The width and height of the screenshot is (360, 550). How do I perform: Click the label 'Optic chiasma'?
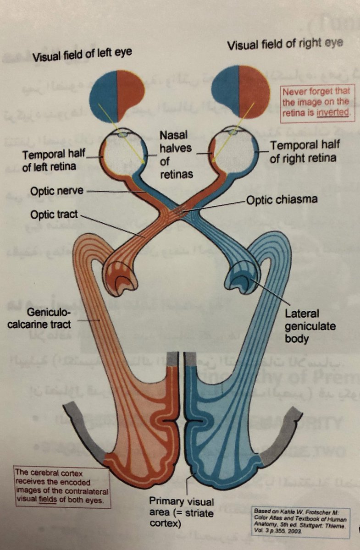point(282,200)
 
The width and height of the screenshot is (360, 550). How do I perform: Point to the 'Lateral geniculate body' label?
point(310,326)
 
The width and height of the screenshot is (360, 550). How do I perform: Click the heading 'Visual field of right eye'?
point(286,44)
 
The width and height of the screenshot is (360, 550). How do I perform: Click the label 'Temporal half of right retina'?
point(305,152)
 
